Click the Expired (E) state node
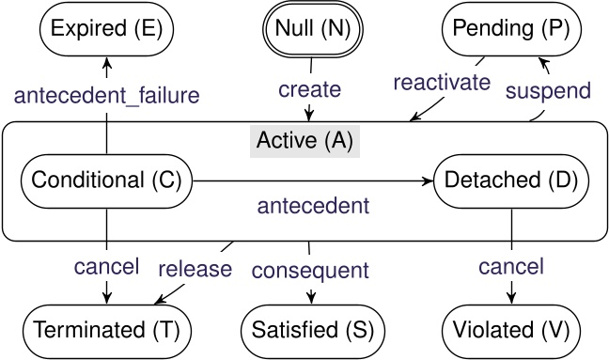pyautogui.click(x=106, y=28)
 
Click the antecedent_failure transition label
pyautogui.click(x=107, y=94)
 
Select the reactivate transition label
pyautogui.click(x=443, y=82)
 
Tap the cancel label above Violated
pyautogui.click(x=510, y=268)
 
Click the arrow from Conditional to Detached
pyautogui.click(x=310, y=179)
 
